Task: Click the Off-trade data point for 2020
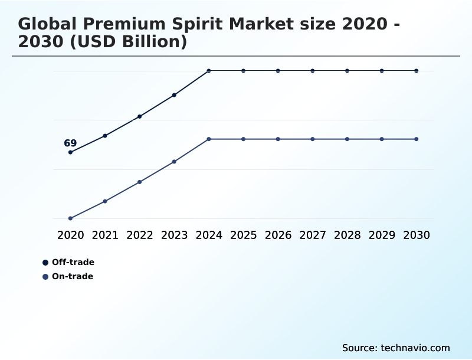[x=70, y=152]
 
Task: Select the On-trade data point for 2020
[x=70, y=218]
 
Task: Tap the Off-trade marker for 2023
[x=174, y=95]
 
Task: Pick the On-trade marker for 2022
[x=140, y=182]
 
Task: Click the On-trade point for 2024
[x=209, y=139]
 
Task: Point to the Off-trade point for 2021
[x=105, y=136]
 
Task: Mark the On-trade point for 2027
[x=313, y=139]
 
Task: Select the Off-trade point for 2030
[x=417, y=71]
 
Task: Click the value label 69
[x=70, y=143]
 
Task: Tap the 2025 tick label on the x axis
[x=243, y=235]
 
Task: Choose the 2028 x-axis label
[x=347, y=235]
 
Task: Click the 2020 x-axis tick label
[x=70, y=235]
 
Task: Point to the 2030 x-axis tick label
[x=417, y=235]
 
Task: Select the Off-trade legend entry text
[x=73, y=262]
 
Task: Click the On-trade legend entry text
[x=73, y=276]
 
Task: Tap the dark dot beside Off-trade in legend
[x=45, y=263]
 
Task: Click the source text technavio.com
[x=415, y=348]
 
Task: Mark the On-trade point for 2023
[x=174, y=162]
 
